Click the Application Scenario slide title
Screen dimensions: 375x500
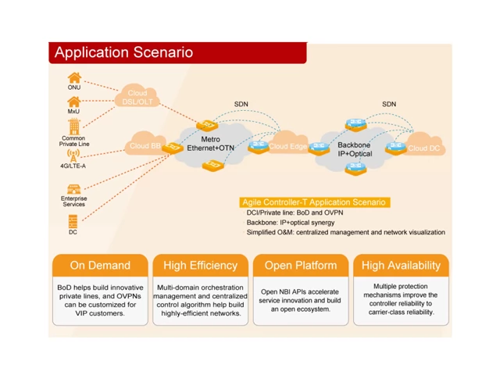(x=123, y=52)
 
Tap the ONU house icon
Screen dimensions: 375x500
(x=74, y=77)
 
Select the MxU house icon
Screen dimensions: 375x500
(x=74, y=102)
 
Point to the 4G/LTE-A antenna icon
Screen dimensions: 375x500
(x=73, y=155)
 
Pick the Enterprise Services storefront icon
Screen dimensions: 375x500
(x=73, y=189)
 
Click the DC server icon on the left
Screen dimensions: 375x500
(x=73, y=221)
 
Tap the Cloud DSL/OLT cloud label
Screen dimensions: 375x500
(x=137, y=98)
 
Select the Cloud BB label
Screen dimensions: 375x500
(x=145, y=146)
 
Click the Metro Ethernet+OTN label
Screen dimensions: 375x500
(x=210, y=144)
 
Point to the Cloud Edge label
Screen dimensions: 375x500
(x=287, y=146)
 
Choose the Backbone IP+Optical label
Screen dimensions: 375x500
(x=355, y=149)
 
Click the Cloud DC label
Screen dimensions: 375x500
(x=423, y=148)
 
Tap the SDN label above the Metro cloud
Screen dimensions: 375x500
(x=241, y=104)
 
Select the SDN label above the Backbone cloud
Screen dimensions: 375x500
(x=389, y=104)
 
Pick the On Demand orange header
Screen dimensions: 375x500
(x=100, y=266)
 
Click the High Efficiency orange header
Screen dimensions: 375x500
(x=200, y=266)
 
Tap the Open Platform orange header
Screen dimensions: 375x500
(x=300, y=266)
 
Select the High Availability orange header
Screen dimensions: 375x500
(x=401, y=266)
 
